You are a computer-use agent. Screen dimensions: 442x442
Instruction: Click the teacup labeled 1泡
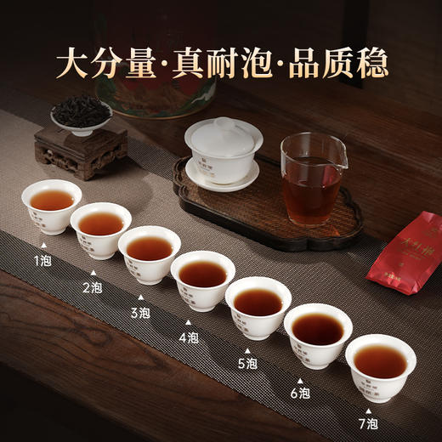click(52, 207)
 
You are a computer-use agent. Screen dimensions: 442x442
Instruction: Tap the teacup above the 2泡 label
click(101, 229)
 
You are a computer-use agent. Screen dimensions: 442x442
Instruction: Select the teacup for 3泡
click(150, 254)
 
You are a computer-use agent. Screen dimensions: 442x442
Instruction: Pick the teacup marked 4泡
click(203, 280)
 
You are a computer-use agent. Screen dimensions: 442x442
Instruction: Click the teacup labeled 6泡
click(318, 335)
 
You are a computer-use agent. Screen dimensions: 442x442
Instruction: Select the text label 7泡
click(370, 422)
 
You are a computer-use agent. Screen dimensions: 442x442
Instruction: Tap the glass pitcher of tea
click(312, 177)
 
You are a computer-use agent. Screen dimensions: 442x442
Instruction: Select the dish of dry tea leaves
click(81, 116)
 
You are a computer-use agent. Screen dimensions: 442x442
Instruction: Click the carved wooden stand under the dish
click(81, 153)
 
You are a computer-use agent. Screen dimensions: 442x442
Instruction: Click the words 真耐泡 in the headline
click(223, 63)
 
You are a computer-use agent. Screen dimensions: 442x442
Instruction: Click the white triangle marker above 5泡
click(248, 350)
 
